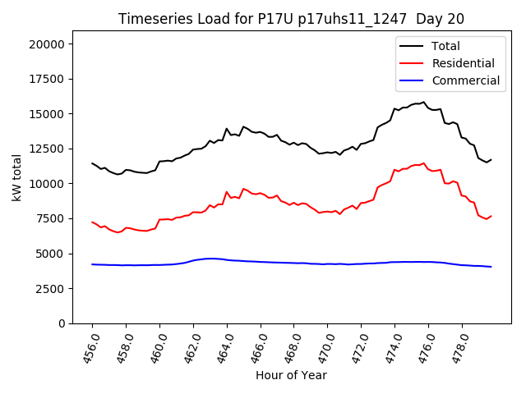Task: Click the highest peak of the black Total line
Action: pyautogui.click(x=424, y=102)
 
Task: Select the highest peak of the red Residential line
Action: pyautogui.click(x=424, y=163)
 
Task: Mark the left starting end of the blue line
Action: pyautogui.click(x=92, y=264)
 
